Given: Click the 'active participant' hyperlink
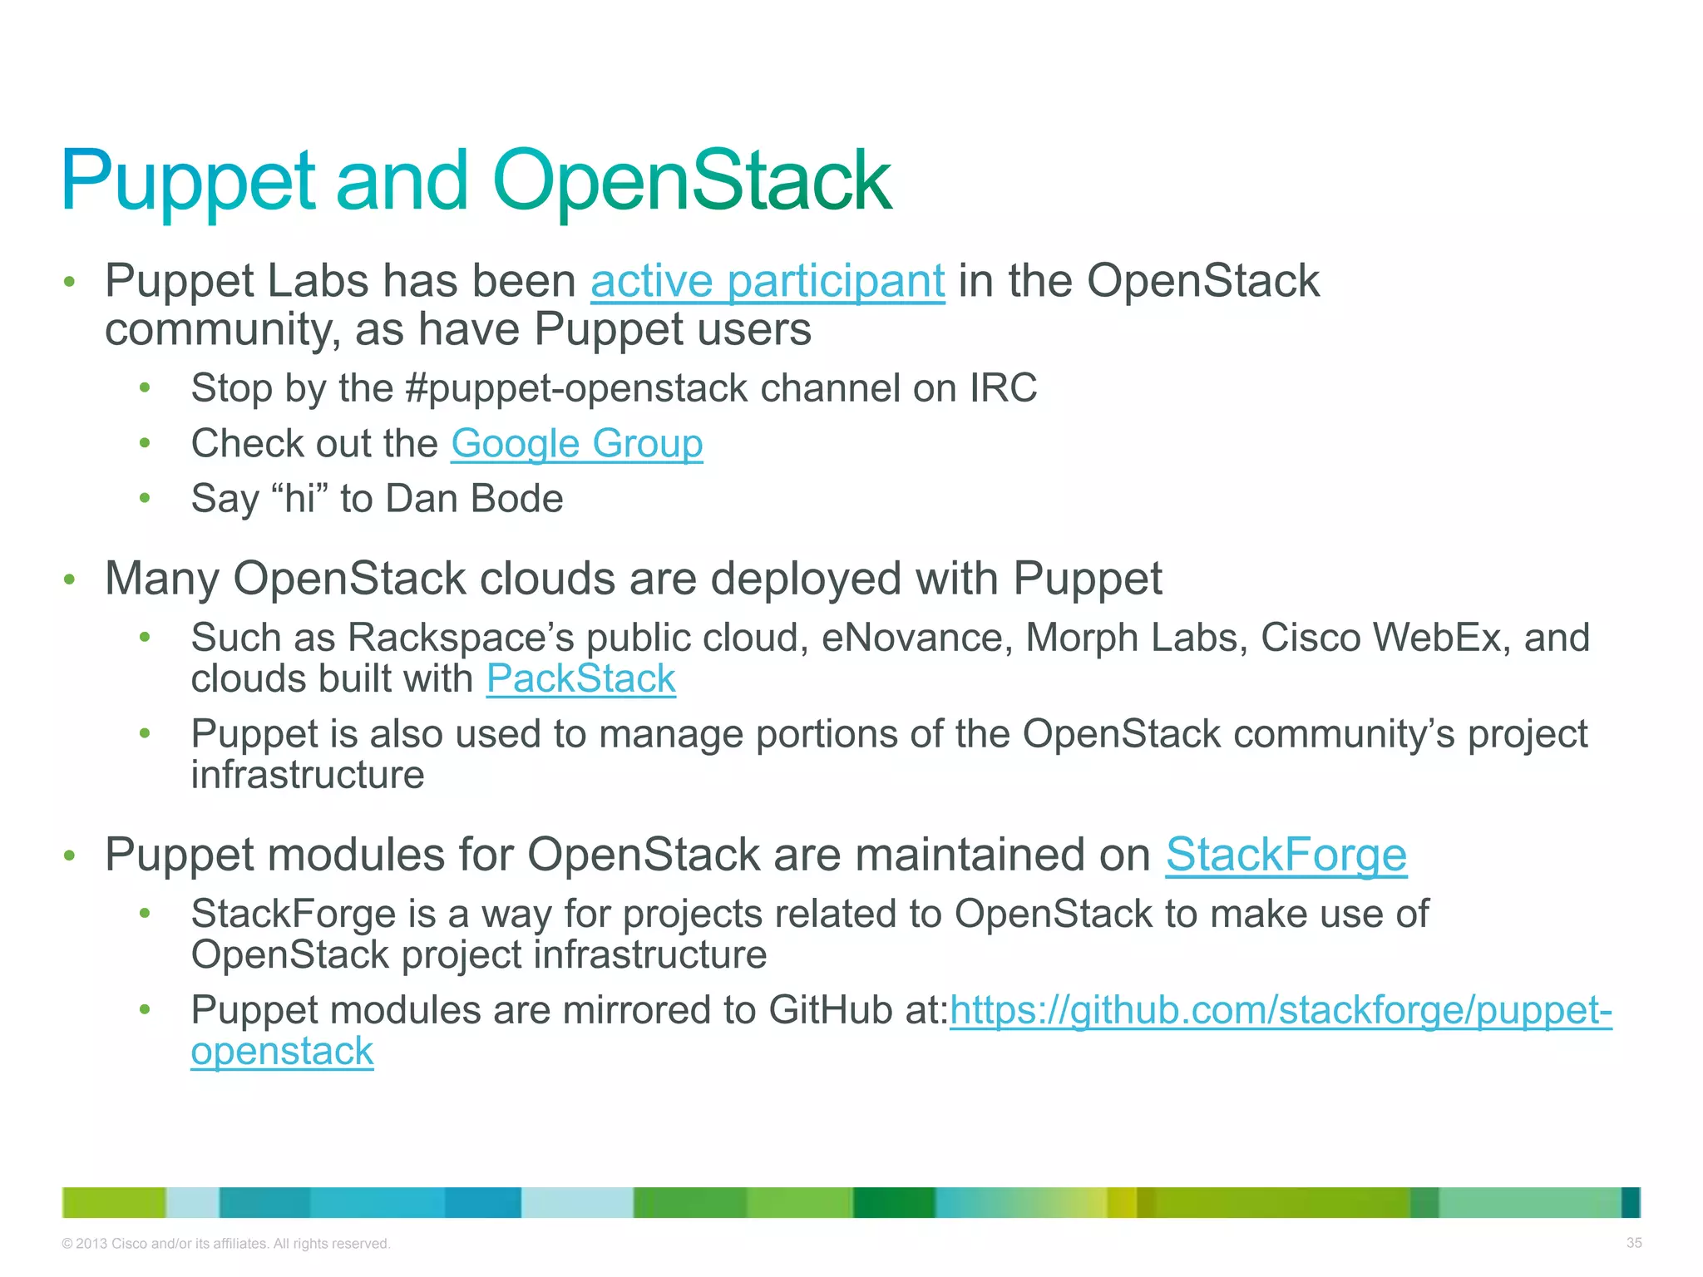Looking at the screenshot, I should [767, 281].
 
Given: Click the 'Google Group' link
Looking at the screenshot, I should [576, 443].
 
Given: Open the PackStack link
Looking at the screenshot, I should [580, 678].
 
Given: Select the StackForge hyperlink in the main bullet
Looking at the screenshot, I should [1286, 855].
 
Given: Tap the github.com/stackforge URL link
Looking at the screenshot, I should [1281, 1010].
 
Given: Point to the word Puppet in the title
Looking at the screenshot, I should [188, 180].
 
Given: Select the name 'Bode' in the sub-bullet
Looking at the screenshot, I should [516, 499].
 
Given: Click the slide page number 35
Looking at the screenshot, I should [1633, 1243].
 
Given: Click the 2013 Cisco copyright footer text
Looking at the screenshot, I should [225, 1244].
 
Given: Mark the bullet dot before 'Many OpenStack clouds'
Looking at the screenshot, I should [70, 579].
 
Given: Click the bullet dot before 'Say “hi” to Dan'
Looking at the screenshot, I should [145, 499].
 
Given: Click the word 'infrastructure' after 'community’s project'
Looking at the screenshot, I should [308, 775].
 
